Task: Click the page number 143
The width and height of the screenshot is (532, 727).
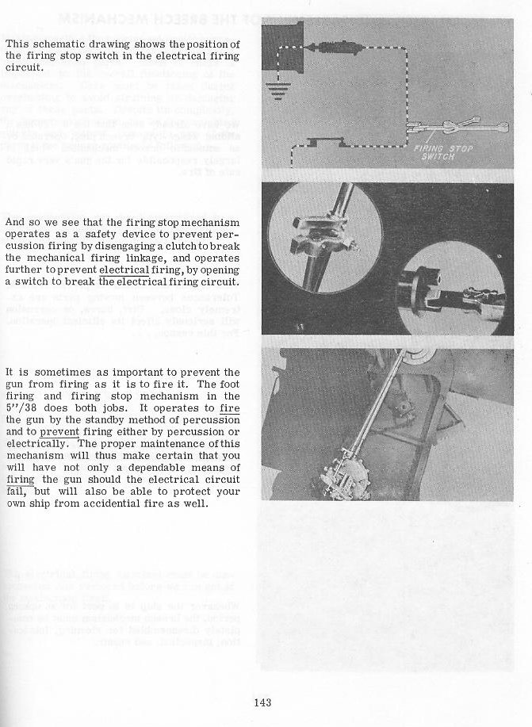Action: (x=264, y=702)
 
